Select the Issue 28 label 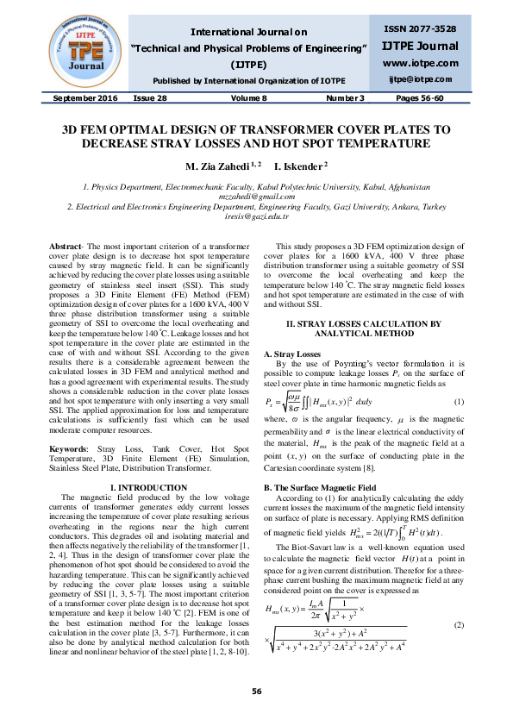tap(150, 98)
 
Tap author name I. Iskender tap(301, 165)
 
